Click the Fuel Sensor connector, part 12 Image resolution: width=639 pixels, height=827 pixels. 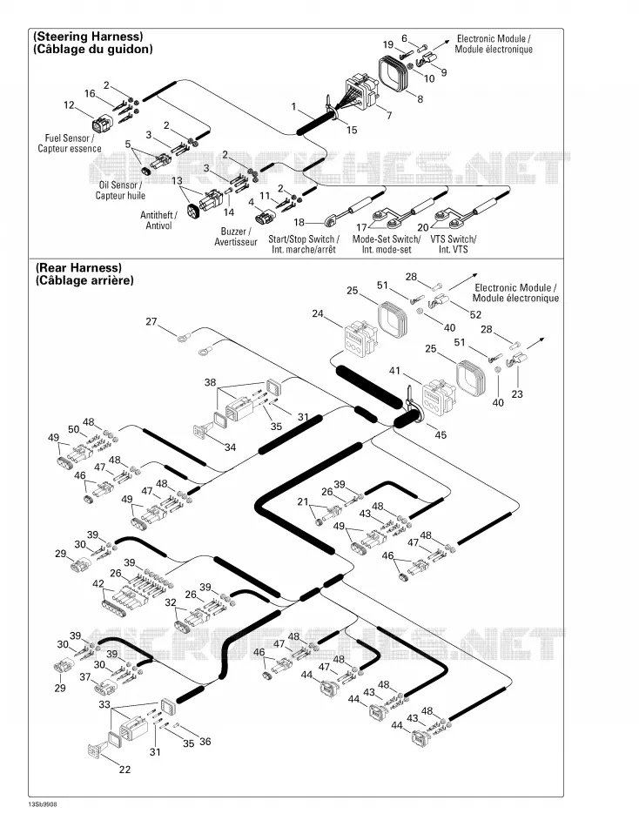(101, 124)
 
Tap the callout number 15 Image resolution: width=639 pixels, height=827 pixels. (352, 130)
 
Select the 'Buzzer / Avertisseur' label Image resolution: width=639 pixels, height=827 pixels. (235, 237)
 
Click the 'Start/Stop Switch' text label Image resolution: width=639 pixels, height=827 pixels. (304, 239)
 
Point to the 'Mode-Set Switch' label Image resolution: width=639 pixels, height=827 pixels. (387, 239)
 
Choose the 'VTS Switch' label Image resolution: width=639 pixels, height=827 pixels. (454, 239)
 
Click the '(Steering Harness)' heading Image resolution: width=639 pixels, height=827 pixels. (88, 37)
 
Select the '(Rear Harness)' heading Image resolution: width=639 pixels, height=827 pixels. (78, 268)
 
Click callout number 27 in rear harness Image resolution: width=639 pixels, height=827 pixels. (151, 321)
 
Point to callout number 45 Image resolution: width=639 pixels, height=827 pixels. (441, 434)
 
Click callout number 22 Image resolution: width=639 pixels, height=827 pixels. (124, 770)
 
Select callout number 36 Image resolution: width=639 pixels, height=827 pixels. (205, 742)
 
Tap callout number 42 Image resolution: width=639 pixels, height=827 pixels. (98, 583)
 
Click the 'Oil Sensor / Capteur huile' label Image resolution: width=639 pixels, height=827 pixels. (120, 191)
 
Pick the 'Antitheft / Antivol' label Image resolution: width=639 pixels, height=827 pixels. (158, 220)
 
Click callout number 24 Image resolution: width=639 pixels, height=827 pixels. (317, 313)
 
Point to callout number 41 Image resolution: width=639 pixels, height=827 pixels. (394, 371)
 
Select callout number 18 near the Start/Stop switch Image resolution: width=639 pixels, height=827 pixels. (299, 223)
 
